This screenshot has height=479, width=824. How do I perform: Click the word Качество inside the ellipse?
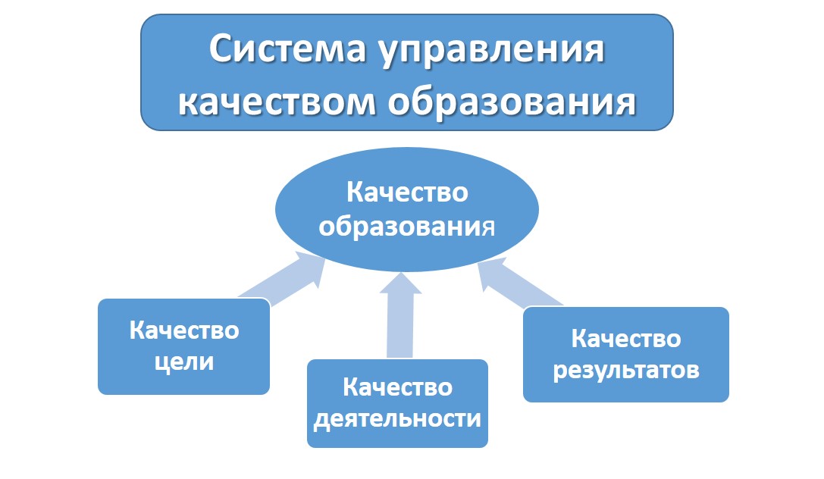point(407,193)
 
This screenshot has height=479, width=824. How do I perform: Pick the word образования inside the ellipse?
point(407,227)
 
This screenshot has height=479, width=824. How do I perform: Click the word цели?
point(184,362)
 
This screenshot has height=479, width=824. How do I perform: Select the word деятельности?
point(397,418)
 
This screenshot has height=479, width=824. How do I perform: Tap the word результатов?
point(626,371)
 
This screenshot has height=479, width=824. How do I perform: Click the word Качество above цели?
point(184,330)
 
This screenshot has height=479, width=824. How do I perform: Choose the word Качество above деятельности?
point(397,387)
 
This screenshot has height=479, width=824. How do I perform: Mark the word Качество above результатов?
point(626,338)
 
